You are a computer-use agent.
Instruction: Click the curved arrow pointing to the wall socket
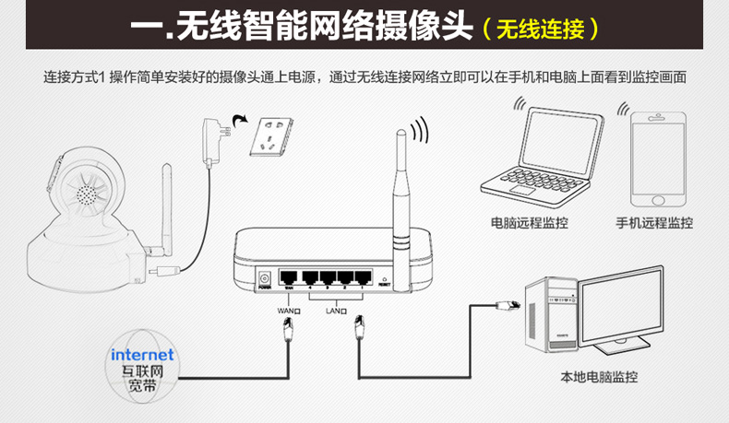[242, 119]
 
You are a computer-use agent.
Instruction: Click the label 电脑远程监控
[530, 223]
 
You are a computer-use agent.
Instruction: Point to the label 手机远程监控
[654, 223]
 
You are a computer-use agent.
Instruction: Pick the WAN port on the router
[290, 277]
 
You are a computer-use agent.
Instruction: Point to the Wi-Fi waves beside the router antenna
[421, 131]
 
